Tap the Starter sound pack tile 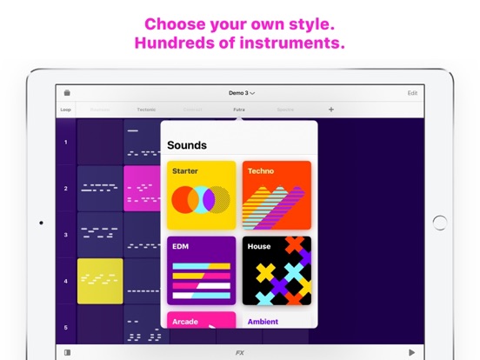click(200, 195)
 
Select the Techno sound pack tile click(277, 195)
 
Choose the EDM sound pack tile click(200, 270)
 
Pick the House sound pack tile click(277, 270)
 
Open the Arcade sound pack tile click(200, 320)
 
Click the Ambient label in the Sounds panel click(263, 322)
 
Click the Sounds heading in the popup click(187, 145)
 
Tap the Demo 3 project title click(241, 92)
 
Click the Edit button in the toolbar click(412, 92)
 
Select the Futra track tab click(238, 110)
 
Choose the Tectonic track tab click(146, 110)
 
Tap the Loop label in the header click(66, 110)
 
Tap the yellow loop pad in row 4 click(100, 281)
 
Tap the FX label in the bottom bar click(240, 352)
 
